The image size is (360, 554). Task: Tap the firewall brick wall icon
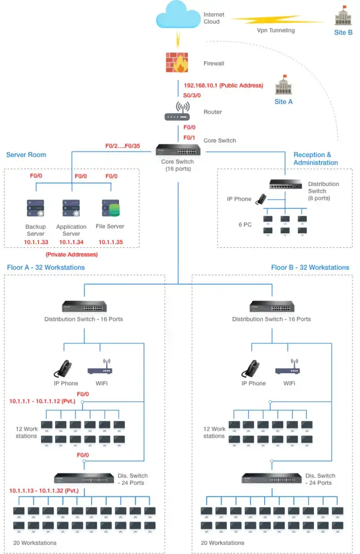pos(178,62)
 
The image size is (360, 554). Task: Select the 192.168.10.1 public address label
pos(223,85)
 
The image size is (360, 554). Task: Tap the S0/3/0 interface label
pos(192,95)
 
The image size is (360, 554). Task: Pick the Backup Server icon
pos(35,209)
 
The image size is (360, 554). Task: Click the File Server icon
pos(110,209)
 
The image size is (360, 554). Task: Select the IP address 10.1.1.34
pos(71,242)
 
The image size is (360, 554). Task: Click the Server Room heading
pos(26,155)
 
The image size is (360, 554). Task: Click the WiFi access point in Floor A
pos(100,368)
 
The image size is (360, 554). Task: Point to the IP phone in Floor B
pos(250,368)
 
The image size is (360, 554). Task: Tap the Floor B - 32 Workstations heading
pos(310,267)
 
